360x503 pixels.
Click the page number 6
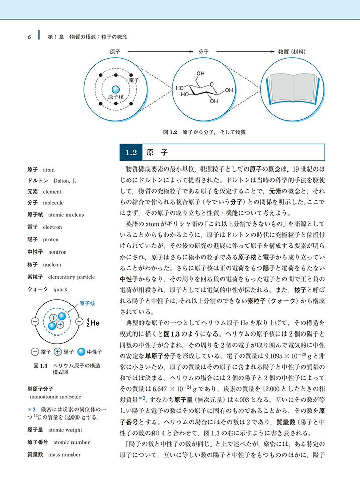coord(30,37)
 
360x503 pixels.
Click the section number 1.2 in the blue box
coord(131,151)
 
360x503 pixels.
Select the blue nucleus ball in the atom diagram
coord(116,90)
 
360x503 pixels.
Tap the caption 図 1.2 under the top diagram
coord(169,132)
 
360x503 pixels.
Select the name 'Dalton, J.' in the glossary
coord(63,180)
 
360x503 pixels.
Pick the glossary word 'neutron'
coord(55,252)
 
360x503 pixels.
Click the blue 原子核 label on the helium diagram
coord(87,303)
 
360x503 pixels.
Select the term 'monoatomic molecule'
coord(56,397)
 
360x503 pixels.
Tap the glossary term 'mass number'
coord(64,455)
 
